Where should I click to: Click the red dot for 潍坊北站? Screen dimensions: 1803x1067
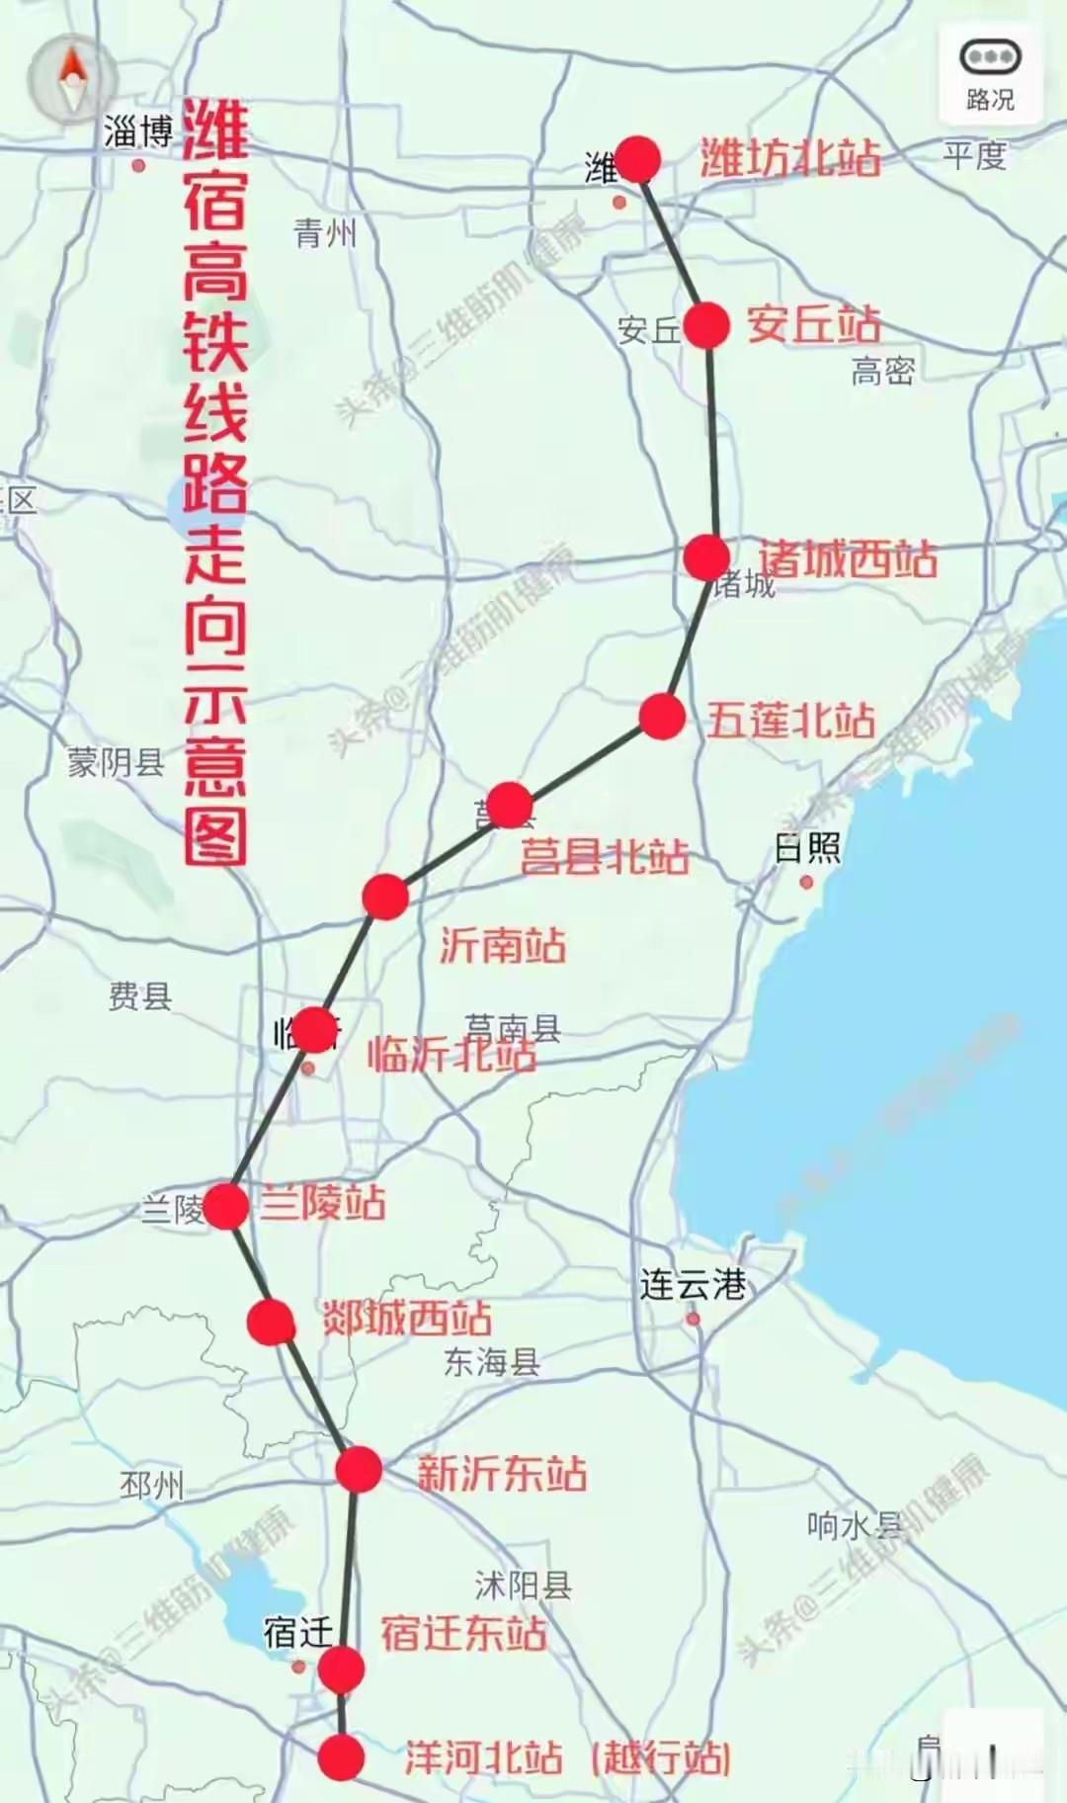638,160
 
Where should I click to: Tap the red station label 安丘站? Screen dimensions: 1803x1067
813,324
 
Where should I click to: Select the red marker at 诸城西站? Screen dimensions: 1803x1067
706,558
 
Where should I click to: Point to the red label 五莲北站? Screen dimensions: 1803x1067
790,721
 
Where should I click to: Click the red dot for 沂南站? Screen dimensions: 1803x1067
385,897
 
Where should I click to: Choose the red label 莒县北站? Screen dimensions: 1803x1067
605,856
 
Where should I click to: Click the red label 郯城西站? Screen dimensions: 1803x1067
407,1318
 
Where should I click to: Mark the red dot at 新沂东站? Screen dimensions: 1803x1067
358,1470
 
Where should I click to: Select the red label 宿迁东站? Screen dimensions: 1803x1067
463,1633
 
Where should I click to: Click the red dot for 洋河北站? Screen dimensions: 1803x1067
342,1758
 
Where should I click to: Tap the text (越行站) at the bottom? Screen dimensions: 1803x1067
661,1759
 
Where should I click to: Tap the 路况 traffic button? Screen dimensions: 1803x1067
990,75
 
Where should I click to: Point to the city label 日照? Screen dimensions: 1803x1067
807,848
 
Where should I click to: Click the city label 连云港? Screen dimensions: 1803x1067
693,1285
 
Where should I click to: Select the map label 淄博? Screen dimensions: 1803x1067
138,132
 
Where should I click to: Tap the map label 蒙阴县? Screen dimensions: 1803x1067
116,762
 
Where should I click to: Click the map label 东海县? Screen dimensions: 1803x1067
491,1362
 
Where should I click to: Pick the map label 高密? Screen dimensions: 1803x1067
882,372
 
